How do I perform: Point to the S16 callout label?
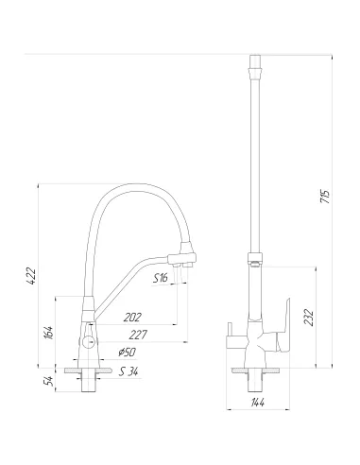(x=161, y=277)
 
